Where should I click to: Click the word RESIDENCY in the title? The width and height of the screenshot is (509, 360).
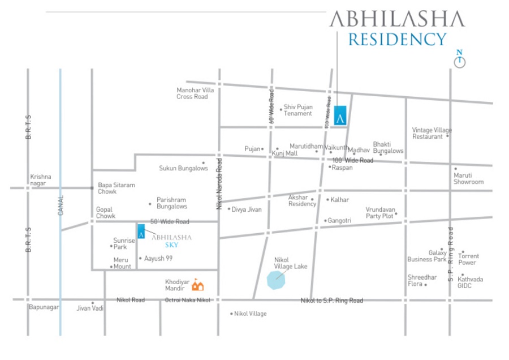click(x=398, y=39)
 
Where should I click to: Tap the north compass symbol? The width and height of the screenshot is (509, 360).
click(x=460, y=59)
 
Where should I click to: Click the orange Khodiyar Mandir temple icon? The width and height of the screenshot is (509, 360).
click(x=197, y=285)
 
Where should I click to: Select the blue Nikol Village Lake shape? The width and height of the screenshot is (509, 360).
click(x=276, y=280)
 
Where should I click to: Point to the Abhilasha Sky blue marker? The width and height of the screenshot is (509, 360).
click(x=141, y=231)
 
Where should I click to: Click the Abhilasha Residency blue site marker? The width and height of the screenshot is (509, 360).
click(x=340, y=115)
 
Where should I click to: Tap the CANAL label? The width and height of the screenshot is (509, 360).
click(x=61, y=205)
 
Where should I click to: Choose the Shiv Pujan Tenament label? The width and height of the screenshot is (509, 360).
click(x=298, y=110)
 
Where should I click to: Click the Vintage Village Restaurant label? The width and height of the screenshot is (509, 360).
click(x=432, y=133)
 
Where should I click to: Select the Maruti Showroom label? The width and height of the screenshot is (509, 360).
click(x=468, y=178)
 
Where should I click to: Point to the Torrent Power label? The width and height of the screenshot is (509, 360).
click(x=468, y=259)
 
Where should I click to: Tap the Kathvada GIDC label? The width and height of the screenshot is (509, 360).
click(x=470, y=282)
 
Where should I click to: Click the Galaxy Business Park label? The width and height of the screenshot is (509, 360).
click(x=427, y=256)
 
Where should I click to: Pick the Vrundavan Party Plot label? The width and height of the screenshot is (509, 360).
click(x=381, y=212)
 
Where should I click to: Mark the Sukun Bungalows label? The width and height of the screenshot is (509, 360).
click(x=183, y=168)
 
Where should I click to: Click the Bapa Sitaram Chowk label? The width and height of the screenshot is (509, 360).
click(x=116, y=188)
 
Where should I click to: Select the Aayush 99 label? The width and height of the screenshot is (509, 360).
click(x=158, y=258)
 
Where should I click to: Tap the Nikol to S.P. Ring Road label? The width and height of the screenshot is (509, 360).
click(x=332, y=301)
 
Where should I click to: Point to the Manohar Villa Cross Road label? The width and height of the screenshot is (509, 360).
click(x=195, y=93)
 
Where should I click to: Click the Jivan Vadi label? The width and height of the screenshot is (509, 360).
click(x=90, y=308)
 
